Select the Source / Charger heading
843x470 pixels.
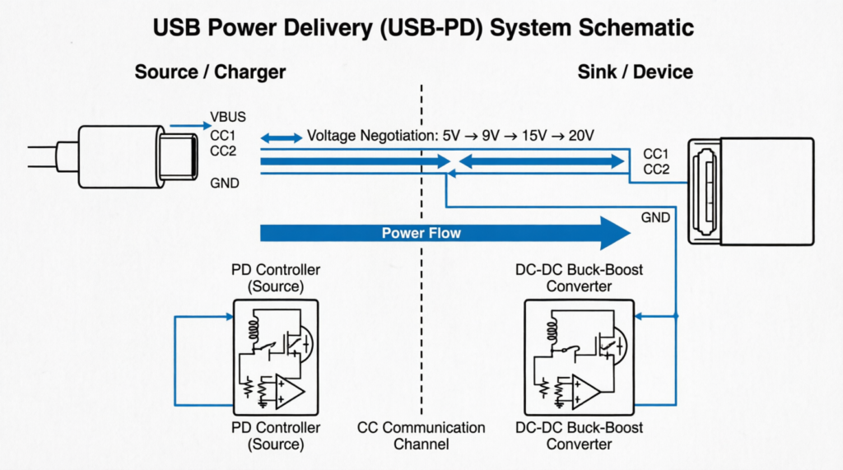(x=210, y=72)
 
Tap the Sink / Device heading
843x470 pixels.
(x=635, y=72)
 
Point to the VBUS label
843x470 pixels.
(x=229, y=117)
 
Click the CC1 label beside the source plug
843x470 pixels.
(x=225, y=136)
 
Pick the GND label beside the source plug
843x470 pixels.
(x=225, y=183)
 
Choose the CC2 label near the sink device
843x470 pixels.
(x=656, y=170)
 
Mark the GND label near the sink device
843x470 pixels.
(x=656, y=217)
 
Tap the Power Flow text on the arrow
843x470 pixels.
(x=421, y=233)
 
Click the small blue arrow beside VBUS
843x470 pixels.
(x=188, y=127)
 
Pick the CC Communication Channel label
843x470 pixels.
(x=421, y=435)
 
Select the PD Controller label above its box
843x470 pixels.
(x=277, y=277)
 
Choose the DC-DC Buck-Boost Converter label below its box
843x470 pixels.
(x=579, y=435)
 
